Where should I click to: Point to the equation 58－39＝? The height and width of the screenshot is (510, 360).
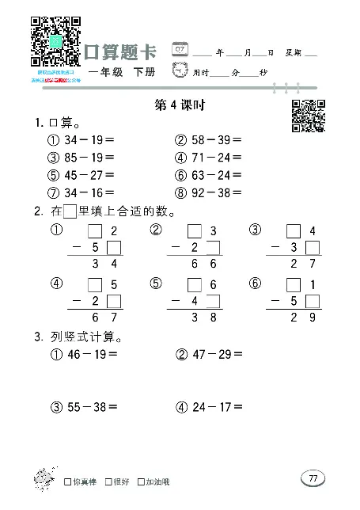pos(217,141)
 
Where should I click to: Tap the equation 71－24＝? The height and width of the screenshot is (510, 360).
pos(217,158)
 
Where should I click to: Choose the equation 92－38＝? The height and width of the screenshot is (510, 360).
pos(217,192)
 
